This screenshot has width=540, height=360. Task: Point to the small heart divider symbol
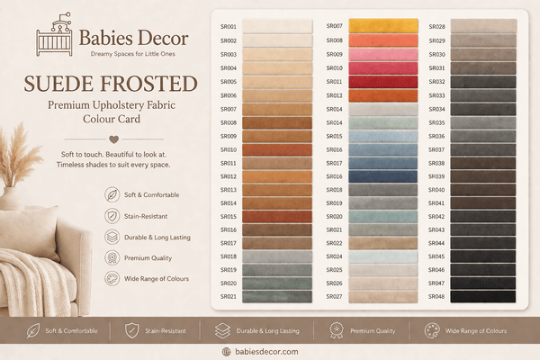click(x=112, y=139)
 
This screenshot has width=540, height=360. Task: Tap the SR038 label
click(x=436, y=163)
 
